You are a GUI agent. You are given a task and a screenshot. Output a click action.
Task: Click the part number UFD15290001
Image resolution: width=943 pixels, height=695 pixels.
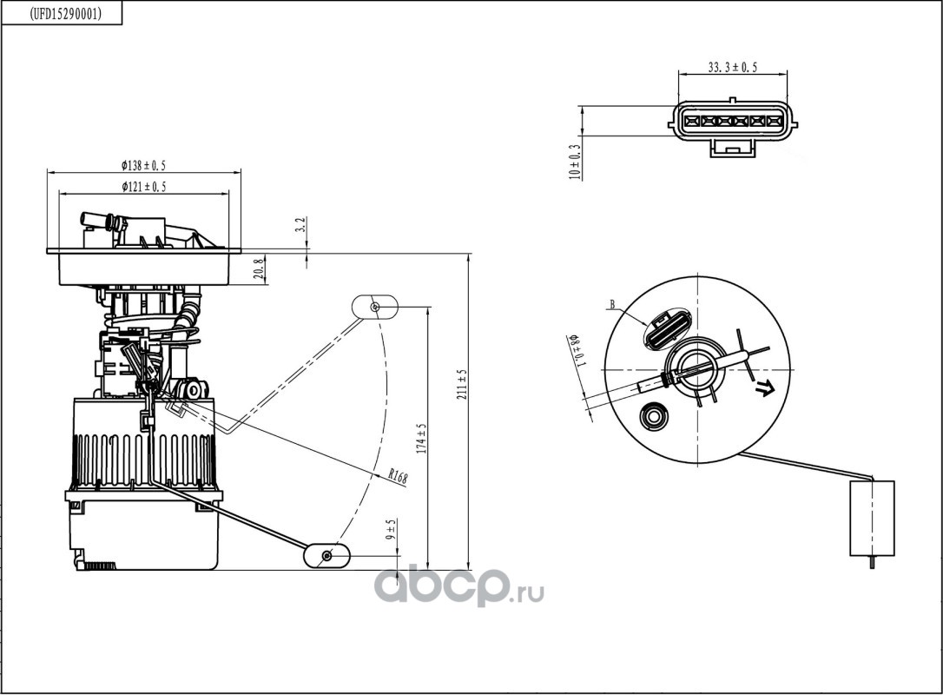[x=65, y=14]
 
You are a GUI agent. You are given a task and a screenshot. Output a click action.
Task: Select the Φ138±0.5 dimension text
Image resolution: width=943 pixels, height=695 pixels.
[x=143, y=166]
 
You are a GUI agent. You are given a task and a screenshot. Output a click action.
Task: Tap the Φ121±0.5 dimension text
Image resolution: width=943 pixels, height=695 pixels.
[x=143, y=187]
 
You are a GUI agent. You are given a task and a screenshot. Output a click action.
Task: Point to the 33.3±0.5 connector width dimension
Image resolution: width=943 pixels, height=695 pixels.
[x=732, y=68]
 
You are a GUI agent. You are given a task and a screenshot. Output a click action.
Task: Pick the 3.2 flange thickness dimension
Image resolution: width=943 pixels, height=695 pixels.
[x=302, y=224]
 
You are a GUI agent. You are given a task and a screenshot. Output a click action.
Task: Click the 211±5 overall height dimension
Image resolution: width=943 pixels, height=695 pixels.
[x=462, y=384]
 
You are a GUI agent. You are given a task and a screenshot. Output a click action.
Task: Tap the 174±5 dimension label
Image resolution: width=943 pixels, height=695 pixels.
[x=421, y=438]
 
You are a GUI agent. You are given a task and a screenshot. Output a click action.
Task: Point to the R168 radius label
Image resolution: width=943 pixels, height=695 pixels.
[x=398, y=477]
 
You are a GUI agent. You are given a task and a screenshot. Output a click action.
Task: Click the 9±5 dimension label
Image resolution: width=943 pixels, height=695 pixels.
[x=392, y=529]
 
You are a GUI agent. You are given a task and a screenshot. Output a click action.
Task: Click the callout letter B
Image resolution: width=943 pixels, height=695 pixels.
[x=613, y=304]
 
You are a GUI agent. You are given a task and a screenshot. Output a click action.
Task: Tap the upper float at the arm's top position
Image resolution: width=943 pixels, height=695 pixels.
[x=374, y=307]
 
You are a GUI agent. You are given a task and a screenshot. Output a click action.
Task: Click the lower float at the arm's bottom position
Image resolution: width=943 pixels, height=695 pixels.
[x=326, y=555]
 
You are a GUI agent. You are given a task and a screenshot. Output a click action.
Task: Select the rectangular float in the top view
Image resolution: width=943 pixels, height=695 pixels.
[x=872, y=518]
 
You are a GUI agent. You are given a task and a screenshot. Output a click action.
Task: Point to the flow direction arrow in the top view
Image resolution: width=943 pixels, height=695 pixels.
[x=765, y=388]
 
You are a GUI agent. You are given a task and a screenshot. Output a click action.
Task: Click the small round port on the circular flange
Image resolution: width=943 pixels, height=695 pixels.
[x=652, y=416]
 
